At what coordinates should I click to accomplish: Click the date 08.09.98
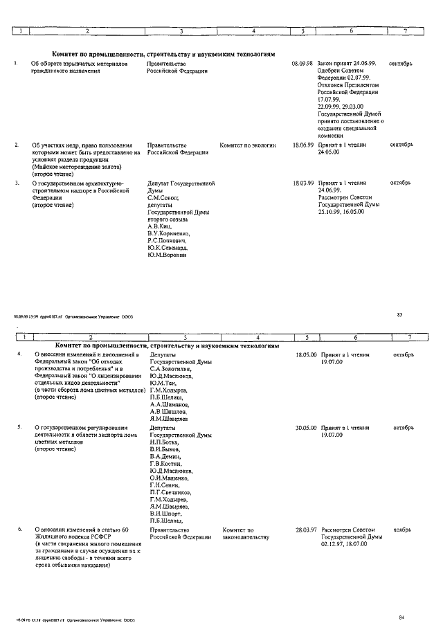303,64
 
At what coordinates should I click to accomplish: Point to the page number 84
401,616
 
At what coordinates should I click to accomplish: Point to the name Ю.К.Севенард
168,247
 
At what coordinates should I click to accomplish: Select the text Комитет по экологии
248,145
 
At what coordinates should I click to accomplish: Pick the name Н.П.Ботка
164,442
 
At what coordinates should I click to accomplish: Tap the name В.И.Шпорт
165,514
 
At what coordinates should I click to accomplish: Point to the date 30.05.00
305,428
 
